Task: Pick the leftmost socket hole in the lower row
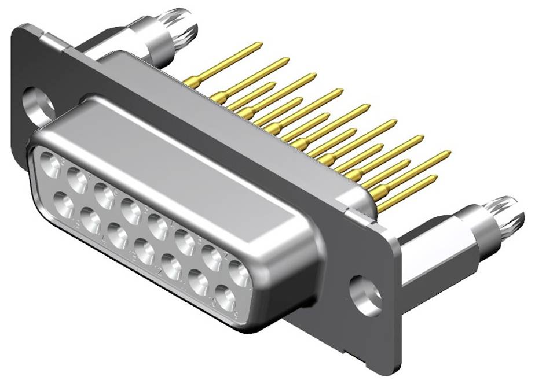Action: click(x=63, y=204)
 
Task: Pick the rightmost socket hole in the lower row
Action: click(x=225, y=298)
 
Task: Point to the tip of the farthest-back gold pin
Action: click(x=260, y=44)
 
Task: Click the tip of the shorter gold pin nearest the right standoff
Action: click(x=434, y=178)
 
